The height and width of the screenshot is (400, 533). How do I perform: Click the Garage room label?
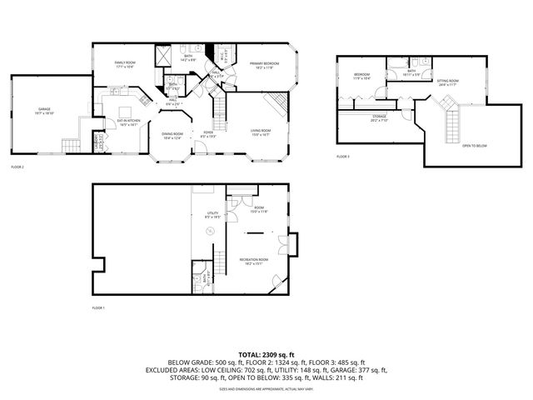44,111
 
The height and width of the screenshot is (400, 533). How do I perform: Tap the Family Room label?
113,63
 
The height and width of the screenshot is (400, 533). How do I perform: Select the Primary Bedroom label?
262,64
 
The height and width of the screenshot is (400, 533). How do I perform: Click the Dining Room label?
172,136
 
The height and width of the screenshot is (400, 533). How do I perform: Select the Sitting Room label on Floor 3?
448,82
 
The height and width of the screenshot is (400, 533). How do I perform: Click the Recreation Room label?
254,261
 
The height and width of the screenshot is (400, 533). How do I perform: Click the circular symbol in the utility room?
210,231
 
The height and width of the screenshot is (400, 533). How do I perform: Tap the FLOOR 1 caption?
99,308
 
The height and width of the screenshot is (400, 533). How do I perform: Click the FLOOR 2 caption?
17,167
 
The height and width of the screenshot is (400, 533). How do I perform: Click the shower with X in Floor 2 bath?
166,56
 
